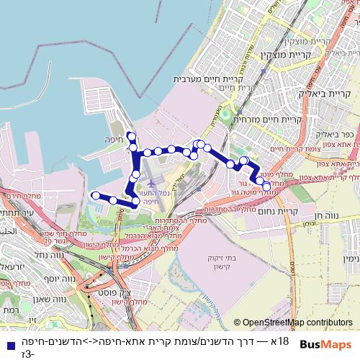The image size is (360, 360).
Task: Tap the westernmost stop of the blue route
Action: click(x=94, y=194)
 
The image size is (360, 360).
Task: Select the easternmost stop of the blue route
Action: click(x=266, y=186)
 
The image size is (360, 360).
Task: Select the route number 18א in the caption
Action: click(x=281, y=341)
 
